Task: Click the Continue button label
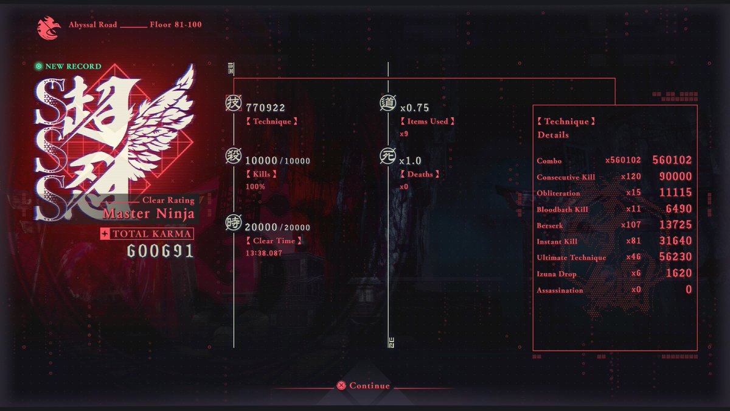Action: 370,385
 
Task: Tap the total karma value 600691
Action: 160,251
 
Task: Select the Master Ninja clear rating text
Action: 149,214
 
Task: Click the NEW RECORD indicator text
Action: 73,66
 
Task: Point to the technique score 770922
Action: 265,108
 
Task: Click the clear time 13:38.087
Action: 264,253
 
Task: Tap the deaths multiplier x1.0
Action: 411,161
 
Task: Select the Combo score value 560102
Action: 672,161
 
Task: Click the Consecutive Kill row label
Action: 566,177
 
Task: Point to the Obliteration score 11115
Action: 675,193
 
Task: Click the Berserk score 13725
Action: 675,225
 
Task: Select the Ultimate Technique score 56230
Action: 675,258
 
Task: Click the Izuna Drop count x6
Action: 636,274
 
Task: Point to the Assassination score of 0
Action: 689,290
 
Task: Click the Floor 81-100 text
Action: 175,25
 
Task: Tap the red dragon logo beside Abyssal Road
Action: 47,27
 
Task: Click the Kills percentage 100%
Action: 255,186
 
